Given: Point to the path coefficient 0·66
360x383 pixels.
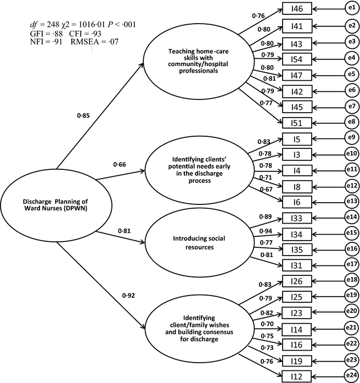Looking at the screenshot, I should [120, 164].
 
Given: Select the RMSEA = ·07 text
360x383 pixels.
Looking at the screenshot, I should [94, 41].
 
